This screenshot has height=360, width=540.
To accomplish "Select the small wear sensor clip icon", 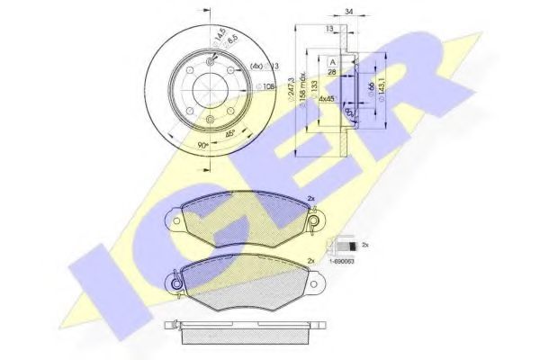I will point(342,243).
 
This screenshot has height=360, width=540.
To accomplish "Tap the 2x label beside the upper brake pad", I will point(311,200).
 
